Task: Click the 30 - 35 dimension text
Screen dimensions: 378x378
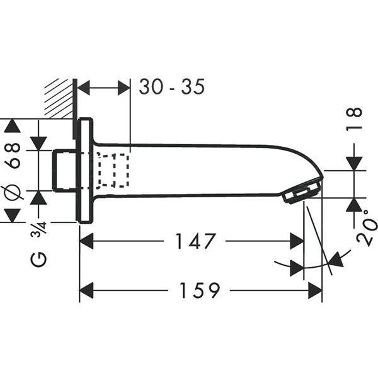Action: (x=172, y=88)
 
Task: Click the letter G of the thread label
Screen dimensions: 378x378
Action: (x=40, y=258)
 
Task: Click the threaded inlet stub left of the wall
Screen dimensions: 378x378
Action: (x=65, y=170)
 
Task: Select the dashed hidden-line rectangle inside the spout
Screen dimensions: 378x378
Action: (x=113, y=170)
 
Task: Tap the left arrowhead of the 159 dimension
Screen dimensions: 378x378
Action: (x=86, y=290)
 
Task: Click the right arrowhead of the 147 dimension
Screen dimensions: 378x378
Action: (x=297, y=241)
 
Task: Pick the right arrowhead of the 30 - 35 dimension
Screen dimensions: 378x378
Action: (x=122, y=88)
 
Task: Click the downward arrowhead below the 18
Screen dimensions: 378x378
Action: (x=355, y=162)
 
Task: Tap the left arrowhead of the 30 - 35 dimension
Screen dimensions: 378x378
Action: (x=84, y=88)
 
